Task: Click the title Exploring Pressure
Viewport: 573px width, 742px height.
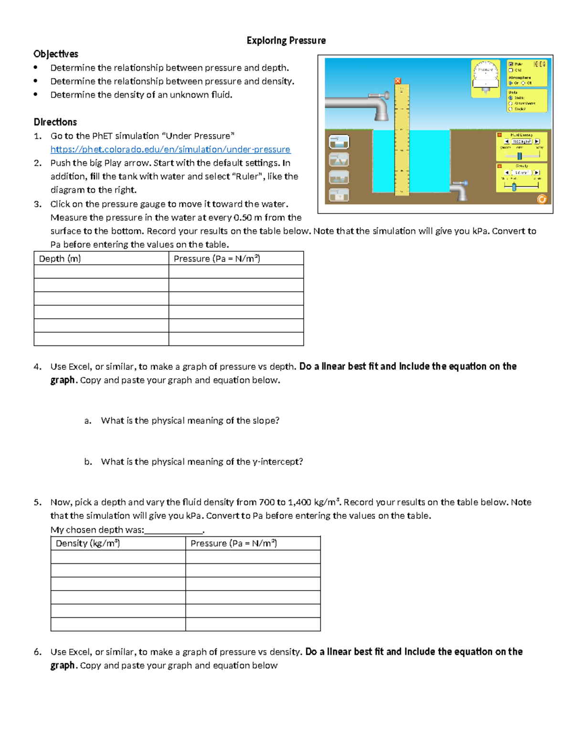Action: click(286, 41)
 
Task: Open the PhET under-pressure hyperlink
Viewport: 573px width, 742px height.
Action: click(170, 150)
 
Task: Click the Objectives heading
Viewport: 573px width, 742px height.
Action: click(55, 54)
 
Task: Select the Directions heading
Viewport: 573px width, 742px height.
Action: click(55, 122)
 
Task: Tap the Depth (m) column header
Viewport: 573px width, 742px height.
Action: click(60, 258)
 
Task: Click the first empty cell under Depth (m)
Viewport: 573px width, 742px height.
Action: click(101, 272)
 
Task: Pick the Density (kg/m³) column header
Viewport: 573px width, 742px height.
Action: click(87, 543)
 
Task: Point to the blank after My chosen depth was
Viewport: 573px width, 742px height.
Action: click(174, 530)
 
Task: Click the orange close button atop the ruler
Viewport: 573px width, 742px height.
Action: click(398, 81)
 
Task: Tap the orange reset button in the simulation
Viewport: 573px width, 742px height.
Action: click(541, 199)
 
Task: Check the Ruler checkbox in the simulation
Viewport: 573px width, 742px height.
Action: click(510, 64)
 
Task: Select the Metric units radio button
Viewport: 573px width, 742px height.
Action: click(510, 97)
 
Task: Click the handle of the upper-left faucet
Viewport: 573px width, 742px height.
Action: click(386, 96)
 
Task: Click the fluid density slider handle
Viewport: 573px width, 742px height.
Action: click(520, 156)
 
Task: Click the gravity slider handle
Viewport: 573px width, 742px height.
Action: click(514, 187)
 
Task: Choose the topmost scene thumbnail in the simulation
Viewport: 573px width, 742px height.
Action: click(339, 142)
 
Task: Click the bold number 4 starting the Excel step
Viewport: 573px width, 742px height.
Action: click(37, 367)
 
